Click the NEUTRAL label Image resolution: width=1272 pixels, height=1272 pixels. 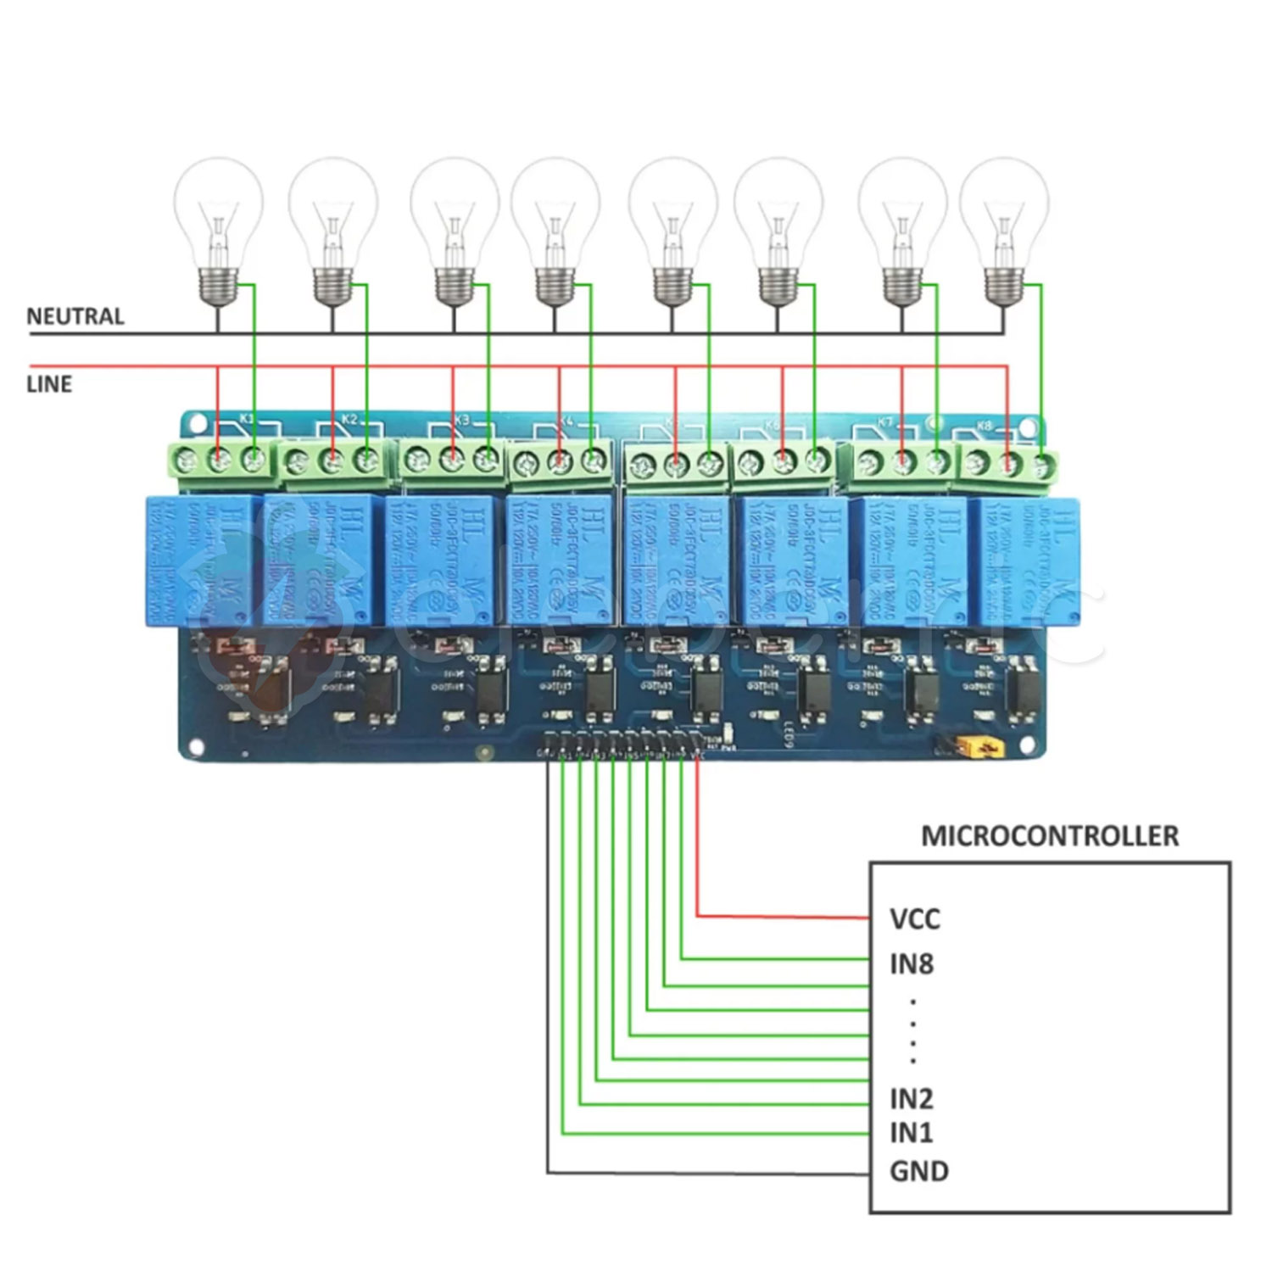click(75, 316)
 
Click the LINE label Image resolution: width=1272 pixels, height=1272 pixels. click(49, 384)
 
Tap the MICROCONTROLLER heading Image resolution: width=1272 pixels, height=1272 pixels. click(1050, 835)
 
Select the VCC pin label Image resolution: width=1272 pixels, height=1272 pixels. click(915, 918)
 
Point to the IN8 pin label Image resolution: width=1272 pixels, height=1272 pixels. click(912, 963)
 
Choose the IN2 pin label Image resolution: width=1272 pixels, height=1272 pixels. click(912, 1099)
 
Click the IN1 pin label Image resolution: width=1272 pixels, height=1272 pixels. click(912, 1132)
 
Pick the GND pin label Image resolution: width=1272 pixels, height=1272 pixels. click(919, 1171)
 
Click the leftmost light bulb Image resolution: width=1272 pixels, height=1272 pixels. click(218, 229)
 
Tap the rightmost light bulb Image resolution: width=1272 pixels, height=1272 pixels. click(1004, 229)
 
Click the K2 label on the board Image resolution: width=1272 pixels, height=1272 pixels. click(349, 419)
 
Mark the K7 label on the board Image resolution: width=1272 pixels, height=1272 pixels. click(885, 421)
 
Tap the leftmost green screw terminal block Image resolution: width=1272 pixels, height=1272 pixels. click(220, 461)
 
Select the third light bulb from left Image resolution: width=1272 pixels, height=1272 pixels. click(454, 229)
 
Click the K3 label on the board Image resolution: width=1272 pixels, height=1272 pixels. click(461, 420)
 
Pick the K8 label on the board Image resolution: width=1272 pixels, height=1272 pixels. click(985, 425)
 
